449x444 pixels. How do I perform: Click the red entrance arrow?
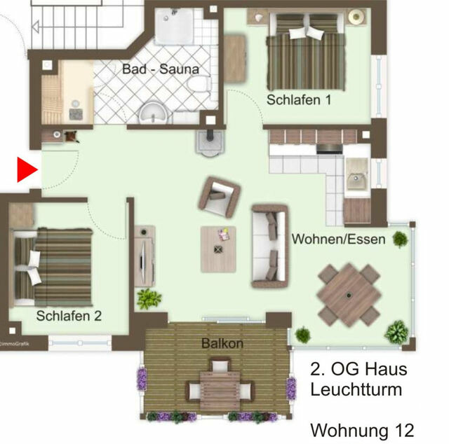click(x=27, y=170)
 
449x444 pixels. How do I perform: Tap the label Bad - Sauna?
click(x=161, y=69)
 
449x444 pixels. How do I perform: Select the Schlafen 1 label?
click(x=299, y=99)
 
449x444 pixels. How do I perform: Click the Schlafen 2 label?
click(x=69, y=316)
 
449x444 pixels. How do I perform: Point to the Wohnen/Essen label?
click(x=339, y=240)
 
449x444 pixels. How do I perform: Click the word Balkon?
click(x=222, y=343)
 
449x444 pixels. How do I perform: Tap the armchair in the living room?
click(x=219, y=195)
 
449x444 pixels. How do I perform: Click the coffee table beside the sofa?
click(x=219, y=249)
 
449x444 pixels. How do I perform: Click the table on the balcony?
click(x=220, y=388)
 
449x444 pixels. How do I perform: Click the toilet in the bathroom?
click(x=199, y=87)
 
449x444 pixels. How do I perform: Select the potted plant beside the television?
click(x=149, y=299)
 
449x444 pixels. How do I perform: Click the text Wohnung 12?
click(x=362, y=428)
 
